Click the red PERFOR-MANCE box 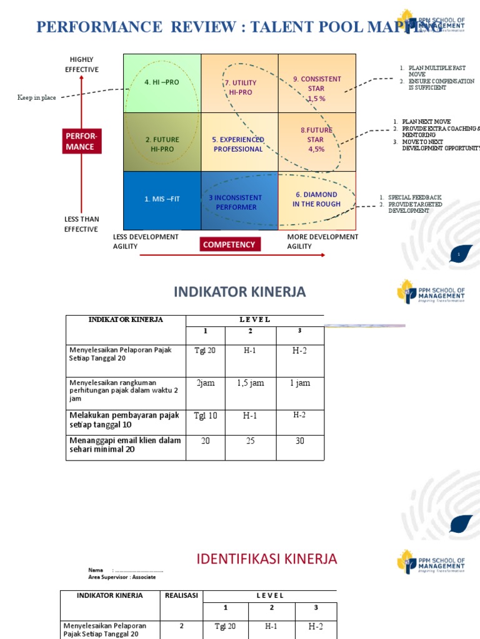click(x=81, y=141)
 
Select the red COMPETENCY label click(x=229, y=245)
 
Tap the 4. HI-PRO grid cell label click(x=161, y=82)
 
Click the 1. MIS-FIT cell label click(x=161, y=199)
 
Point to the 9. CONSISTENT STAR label click(x=317, y=89)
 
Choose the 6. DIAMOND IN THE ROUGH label click(x=316, y=199)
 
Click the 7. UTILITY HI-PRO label click(x=240, y=87)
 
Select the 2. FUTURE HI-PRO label click(x=162, y=144)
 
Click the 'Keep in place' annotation click(x=36, y=97)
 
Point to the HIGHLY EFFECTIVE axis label click(x=82, y=64)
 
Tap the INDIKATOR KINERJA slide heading click(x=239, y=291)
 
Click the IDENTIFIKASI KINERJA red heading click(x=267, y=559)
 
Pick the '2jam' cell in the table click(x=205, y=383)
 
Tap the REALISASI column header click(x=181, y=595)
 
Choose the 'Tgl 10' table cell click(x=205, y=416)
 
